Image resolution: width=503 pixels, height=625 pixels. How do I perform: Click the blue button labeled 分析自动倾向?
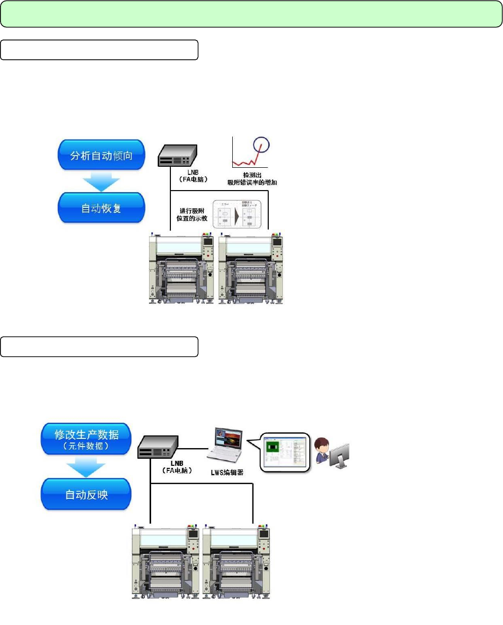coord(101,155)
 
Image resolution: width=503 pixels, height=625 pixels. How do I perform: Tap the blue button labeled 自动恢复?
coord(101,208)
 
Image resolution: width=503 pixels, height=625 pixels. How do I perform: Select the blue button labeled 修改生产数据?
coord(86,438)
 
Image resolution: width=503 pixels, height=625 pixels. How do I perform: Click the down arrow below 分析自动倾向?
coord(101,181)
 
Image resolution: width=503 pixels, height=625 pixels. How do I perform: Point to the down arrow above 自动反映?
coord(86,466)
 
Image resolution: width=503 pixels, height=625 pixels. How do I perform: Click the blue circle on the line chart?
coord(261,145)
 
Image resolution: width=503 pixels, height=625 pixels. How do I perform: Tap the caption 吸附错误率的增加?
coord(252,182)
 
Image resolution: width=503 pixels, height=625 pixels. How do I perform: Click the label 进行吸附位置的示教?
coord(192,214)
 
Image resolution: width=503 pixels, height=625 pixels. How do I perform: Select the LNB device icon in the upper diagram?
coord(177,155)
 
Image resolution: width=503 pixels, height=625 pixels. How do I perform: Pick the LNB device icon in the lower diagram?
coord(158,447)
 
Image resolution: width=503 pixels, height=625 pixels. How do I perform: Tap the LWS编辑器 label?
coord(227,472)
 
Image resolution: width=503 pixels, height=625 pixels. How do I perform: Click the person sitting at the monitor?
coord(322,451)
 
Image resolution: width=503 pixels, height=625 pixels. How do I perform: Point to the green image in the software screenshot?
coord(273,447)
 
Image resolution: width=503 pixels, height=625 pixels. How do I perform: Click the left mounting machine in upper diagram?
coord(182,269)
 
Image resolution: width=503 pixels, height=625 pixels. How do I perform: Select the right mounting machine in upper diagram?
coord(251,269)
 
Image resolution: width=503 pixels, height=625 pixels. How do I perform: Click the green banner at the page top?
coord(251,14)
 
